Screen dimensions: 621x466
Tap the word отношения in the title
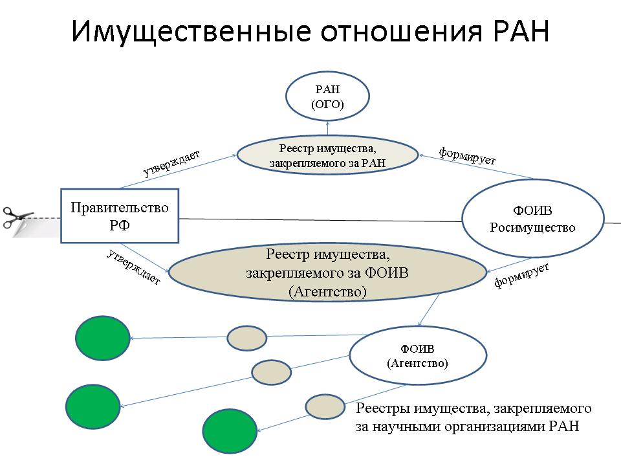402,32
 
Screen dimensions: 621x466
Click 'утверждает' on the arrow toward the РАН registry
171,163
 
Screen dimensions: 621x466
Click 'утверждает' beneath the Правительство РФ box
134,267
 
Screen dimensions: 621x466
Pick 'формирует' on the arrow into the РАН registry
467,155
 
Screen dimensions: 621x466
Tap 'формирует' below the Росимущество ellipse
521,275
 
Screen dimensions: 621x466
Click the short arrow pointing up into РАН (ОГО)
327,129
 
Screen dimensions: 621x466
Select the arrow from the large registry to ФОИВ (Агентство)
429,310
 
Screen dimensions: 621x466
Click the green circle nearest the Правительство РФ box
103,338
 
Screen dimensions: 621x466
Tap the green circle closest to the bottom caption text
230,431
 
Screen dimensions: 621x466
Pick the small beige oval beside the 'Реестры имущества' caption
325,406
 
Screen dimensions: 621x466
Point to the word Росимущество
532,228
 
